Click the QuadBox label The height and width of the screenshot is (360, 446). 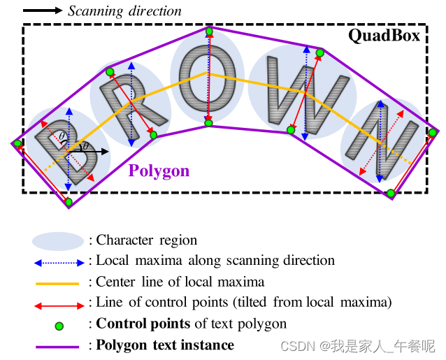point(384,36)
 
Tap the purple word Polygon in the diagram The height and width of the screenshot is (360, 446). point(159,171)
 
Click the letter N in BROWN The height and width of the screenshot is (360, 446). point(384,140)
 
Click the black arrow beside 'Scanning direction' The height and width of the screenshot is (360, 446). point(43,10)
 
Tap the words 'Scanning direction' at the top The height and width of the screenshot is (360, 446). point(124,11)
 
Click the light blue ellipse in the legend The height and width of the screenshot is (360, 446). point(58,241)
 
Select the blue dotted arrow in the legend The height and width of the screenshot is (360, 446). point(58,261)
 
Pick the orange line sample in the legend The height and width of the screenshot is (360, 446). point(58,283)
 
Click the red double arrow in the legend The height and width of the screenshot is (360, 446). point(58,304)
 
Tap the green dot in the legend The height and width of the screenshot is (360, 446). point(59,325)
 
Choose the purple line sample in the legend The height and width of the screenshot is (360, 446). point(58,346)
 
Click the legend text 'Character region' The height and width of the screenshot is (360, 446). point(147,240)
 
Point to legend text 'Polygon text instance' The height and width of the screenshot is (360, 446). point(165,345)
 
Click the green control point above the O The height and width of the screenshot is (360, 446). point(208,31)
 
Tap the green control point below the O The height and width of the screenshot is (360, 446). point(208,123)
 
